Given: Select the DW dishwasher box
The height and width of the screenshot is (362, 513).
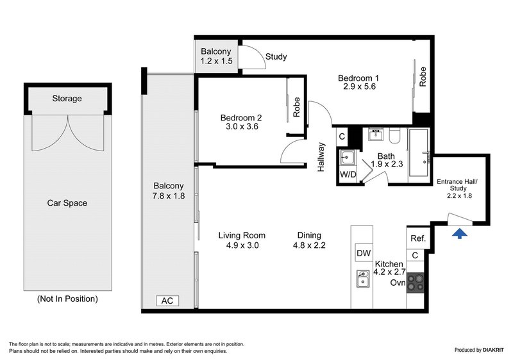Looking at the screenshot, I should (x=364, y=254).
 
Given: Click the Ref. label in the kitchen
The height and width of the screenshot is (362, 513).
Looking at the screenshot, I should (x=417, y=238).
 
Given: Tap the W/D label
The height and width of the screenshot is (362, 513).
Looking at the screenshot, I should (x=348, y=174).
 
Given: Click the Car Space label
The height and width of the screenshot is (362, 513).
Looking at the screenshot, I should (x=67, y=203).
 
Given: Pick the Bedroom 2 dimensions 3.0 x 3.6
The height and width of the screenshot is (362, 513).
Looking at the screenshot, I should (x=240, y=128).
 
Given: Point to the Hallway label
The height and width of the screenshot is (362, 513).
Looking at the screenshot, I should (x=322, y=158).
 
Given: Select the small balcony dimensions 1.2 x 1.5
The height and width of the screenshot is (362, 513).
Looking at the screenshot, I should (x=216, y=61).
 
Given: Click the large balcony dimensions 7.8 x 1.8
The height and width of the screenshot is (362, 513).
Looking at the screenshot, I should (x=168, y=196).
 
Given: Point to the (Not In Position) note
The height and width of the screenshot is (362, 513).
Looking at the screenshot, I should (x=67, y=299).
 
